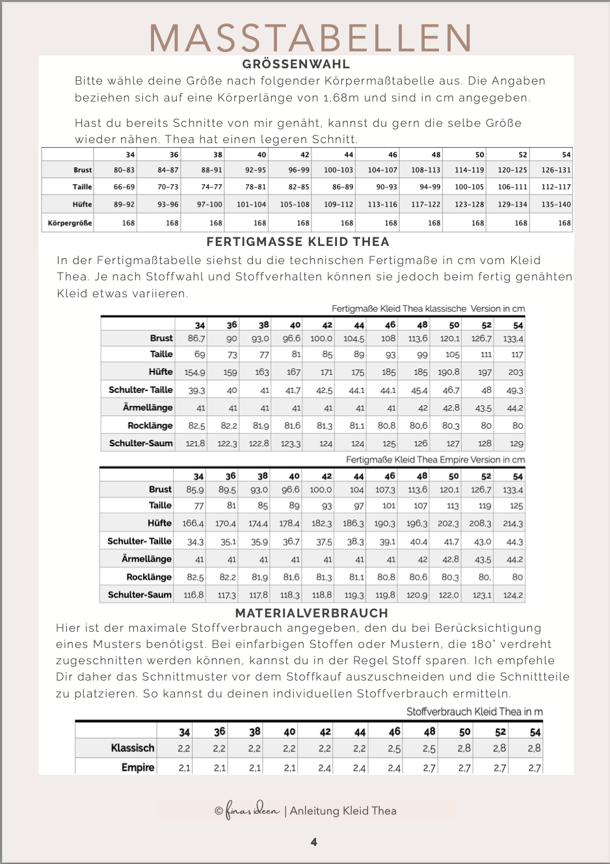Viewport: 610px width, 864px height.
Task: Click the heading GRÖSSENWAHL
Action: click(296, 64)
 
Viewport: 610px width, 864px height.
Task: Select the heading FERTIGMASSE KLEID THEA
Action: click(298, 241)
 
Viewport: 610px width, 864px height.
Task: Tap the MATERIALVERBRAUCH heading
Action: click(312, 613)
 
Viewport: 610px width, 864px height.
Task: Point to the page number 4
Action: click(314, 842)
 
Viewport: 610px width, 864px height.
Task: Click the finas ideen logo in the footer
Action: click(252, 810)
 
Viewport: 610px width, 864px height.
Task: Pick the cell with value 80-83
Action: click(124, 170)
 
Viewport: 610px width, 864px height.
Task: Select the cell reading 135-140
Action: click(556, 204)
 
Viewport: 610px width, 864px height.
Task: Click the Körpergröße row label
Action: click(70, 223)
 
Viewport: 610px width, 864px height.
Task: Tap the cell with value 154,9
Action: click(194, 372)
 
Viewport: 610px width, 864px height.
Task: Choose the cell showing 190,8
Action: click(449, 372)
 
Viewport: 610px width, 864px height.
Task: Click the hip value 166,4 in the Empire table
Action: click(193, 523)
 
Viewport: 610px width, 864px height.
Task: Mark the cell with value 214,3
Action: click(513, 523)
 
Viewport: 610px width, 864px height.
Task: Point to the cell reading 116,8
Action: click(194, 595)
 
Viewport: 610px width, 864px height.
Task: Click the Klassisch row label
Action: click(133, 748)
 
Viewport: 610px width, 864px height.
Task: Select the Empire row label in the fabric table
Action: click(138, 768)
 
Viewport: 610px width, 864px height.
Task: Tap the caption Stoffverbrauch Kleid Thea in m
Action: click(474, 711)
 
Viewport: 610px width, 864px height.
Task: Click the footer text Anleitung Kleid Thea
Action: click(343, 811)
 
